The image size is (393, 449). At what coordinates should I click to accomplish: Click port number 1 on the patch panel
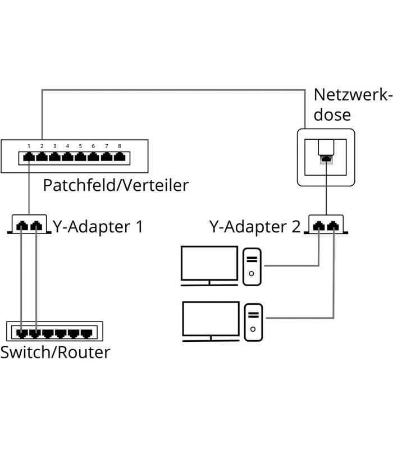(29, 157)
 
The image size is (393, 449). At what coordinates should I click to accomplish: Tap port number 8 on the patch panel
(119, 157)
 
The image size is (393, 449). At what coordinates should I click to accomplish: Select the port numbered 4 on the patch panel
(67, 157)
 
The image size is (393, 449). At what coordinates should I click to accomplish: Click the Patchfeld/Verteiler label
(116, 185)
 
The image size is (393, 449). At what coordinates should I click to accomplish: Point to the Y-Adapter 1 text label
(98, 227)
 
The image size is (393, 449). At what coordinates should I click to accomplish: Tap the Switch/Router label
(55, 352)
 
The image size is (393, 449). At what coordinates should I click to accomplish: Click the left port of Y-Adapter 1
(22, 226)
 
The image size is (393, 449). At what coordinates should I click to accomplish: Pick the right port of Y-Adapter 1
(36, 226)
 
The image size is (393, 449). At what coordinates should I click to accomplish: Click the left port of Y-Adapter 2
(319, 226)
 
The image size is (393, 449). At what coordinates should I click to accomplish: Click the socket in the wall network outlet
(326, 159)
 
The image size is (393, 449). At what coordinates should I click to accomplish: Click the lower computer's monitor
(211, 318)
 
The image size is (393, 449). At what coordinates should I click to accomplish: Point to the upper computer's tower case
(252, 266)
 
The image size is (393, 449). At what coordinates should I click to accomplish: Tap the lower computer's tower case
(254, 321)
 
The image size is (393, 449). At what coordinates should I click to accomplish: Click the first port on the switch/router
(21, 333)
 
